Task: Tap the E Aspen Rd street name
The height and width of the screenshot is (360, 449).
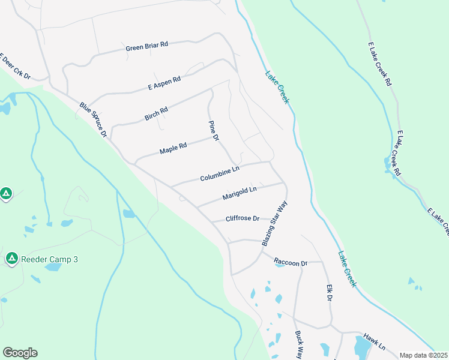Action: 164,83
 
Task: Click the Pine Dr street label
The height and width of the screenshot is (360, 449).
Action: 213,131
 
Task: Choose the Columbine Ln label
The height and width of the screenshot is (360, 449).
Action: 220,175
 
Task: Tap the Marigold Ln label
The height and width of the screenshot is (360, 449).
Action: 239,193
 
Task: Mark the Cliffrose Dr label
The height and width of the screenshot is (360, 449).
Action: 243,218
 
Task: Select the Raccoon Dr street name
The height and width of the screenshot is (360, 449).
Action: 291,262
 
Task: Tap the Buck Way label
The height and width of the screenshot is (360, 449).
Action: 298,345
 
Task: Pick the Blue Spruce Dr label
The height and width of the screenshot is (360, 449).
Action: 93,119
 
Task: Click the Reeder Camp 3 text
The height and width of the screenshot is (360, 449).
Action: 50,259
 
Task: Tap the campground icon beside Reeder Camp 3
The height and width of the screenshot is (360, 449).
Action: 11,259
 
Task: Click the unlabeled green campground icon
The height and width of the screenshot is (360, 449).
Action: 5,194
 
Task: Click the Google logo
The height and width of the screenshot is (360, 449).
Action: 20,353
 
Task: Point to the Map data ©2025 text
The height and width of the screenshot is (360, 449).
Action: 423,355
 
